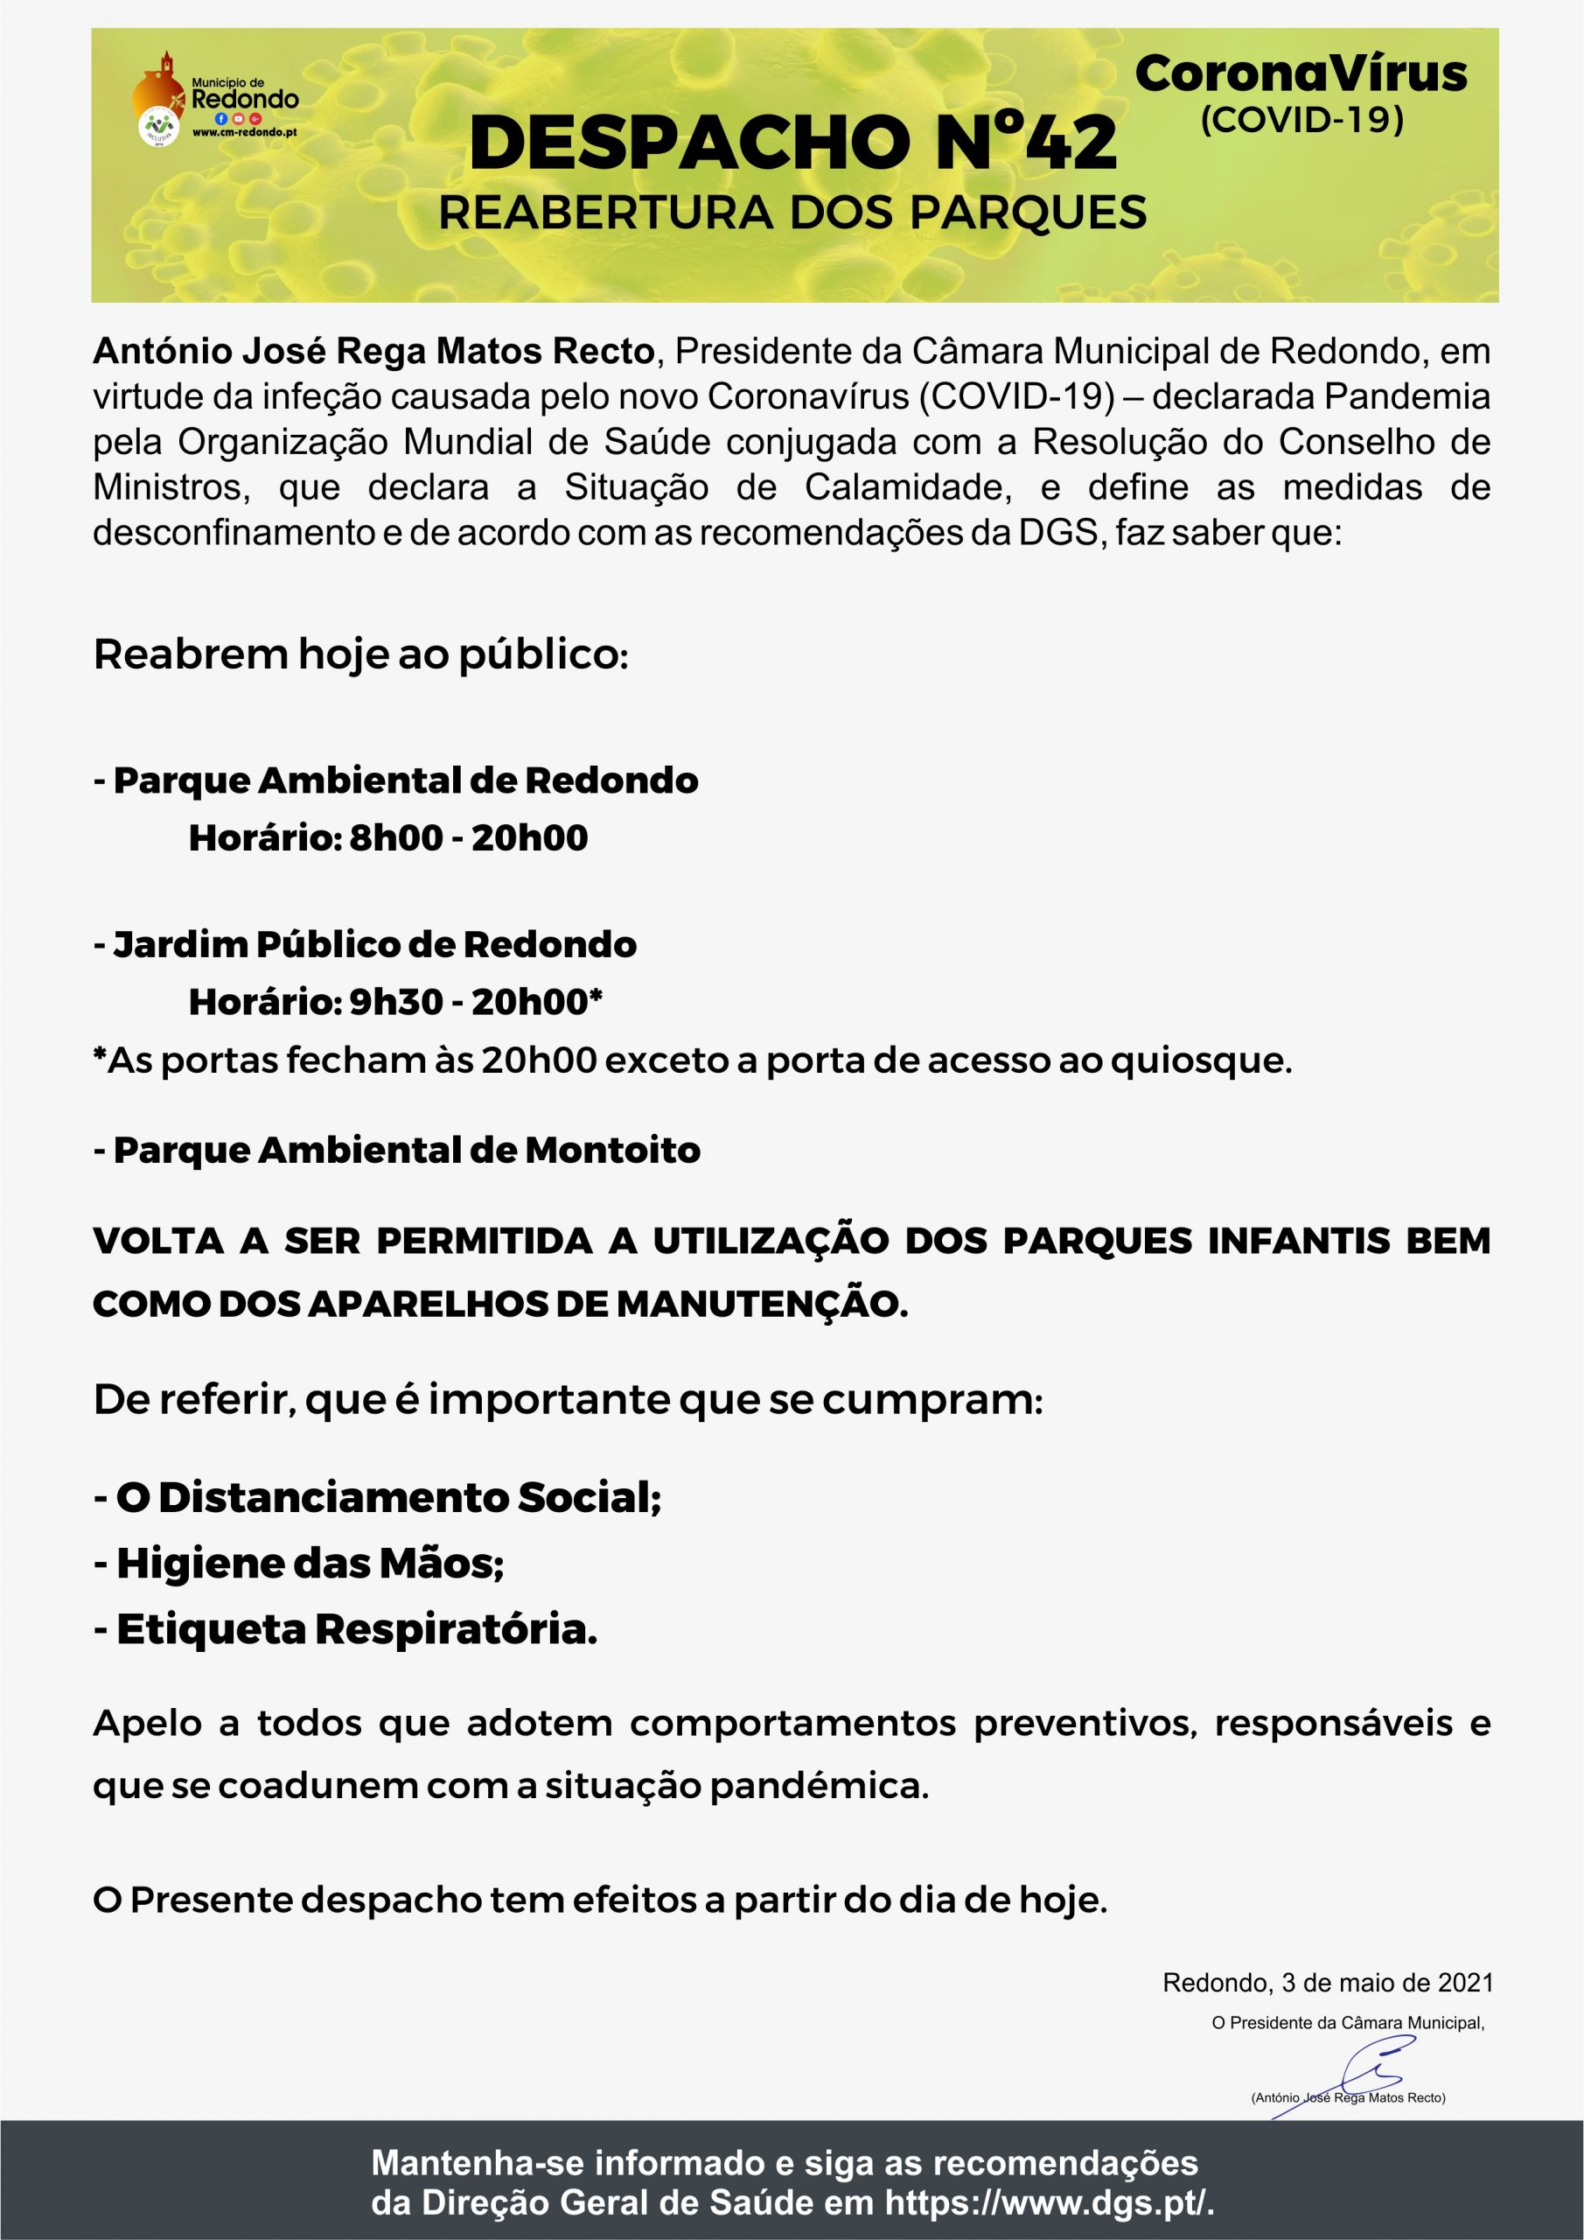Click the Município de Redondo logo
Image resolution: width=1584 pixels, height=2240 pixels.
(214, 101)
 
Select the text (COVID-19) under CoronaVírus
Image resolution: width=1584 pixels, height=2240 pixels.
(1301, 120)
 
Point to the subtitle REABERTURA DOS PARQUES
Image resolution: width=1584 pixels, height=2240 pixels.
(792, 213)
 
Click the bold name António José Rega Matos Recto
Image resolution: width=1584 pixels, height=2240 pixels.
(373, 351)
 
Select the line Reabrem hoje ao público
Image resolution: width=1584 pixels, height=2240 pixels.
(361, 654)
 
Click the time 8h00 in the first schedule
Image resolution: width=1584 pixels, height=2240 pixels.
(396, 838)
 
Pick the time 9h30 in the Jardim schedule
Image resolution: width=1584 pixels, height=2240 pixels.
(396, 1002)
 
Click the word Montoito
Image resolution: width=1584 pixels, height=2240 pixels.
(612, 1151)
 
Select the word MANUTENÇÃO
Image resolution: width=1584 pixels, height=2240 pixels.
(762, 1305)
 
